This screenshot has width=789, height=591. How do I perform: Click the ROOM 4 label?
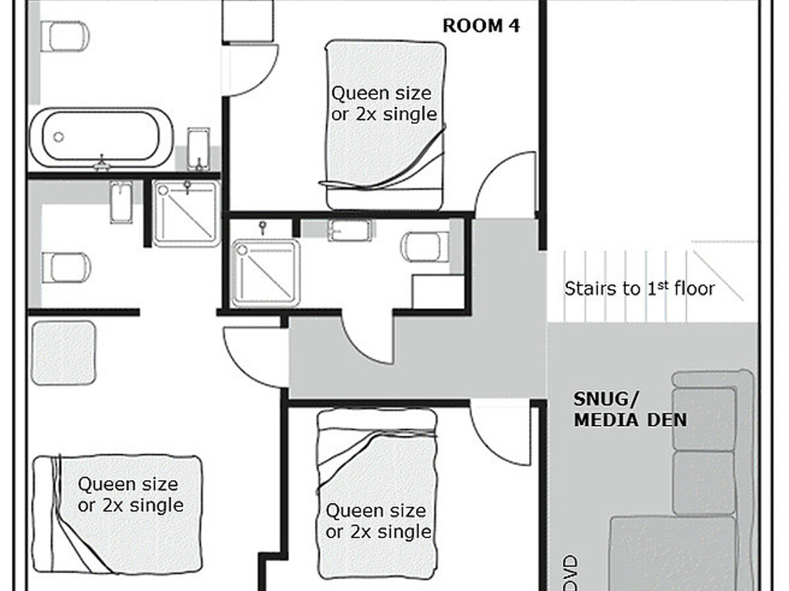(481, 26)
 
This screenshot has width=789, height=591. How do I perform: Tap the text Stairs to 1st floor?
(639, 288)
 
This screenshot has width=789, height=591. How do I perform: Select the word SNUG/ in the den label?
(606, 399)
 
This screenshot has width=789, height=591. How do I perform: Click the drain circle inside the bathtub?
(59, 137)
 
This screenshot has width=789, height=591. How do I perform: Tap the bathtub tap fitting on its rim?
(102, 164)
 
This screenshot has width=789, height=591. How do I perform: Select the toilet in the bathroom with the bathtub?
(64, 36)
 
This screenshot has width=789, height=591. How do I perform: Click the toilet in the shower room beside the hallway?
(425, 247)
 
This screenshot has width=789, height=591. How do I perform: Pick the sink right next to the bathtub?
(198, 148)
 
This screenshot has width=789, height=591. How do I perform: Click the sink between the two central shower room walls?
(349, 230)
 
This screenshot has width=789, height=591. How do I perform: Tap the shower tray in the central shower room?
(266, 273)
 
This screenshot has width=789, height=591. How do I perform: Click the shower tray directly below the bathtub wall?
(187, 213)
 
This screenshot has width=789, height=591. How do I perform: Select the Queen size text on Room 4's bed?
(381, 94)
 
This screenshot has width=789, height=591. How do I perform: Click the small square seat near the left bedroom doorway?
(64, 353)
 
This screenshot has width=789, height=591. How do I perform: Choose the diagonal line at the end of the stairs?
(718, 276)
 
